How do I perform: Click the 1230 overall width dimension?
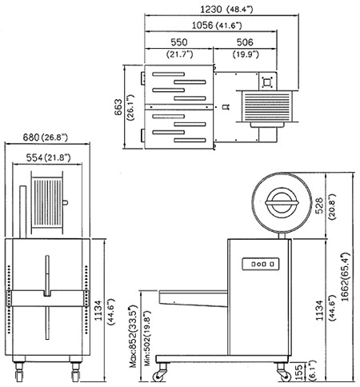point(211,10)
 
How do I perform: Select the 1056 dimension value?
point(202,26)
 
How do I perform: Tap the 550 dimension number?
point(179,42)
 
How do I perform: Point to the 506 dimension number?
point(245,42)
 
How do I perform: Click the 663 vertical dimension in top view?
point(118,107)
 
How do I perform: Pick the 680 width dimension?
point(31,138)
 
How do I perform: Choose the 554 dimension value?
point(34,158)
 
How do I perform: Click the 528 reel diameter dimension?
point(319,205)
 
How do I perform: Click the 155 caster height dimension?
point(299,372)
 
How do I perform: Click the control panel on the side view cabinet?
point(261,264)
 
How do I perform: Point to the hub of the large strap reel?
point(282,203)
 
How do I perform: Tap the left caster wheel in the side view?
point(158,377)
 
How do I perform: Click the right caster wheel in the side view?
point(285,377)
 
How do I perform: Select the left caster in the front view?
point(19,372)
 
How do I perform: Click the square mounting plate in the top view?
point(267,82)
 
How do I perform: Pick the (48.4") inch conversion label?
point(239,10)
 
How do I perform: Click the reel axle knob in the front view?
point(65,203)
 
